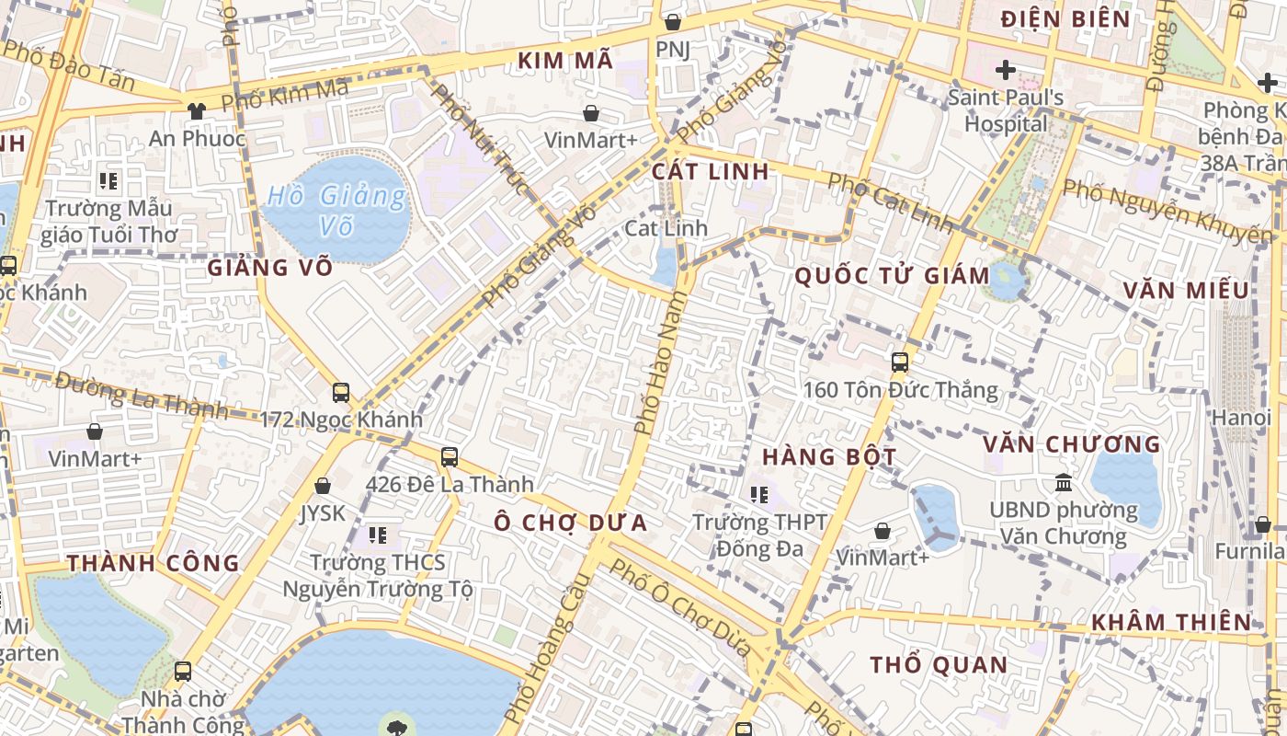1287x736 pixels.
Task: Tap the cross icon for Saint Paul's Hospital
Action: pos(1005,69)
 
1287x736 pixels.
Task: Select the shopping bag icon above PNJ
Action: pos(672,21)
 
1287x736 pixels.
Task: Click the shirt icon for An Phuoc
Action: pos(196,110)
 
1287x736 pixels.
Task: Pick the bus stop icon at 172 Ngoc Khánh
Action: pos(340,393)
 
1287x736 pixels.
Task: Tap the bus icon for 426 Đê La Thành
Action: pos(449,456)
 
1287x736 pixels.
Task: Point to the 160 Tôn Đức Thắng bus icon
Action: pos(899,362)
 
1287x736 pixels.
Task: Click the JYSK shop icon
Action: pos(323,486)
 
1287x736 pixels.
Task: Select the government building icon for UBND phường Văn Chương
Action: pos(1064,482)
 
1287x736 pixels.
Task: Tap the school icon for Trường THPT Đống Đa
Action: pos(758,495)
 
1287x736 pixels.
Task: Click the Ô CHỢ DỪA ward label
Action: pos(570,523)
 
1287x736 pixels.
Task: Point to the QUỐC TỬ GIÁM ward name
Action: pos(892,275)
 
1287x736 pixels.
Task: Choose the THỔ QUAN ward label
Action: pos(938,664)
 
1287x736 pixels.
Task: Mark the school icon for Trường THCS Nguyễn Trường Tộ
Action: pos(377,535)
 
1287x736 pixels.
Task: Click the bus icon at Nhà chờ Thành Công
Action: pos(183,672)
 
